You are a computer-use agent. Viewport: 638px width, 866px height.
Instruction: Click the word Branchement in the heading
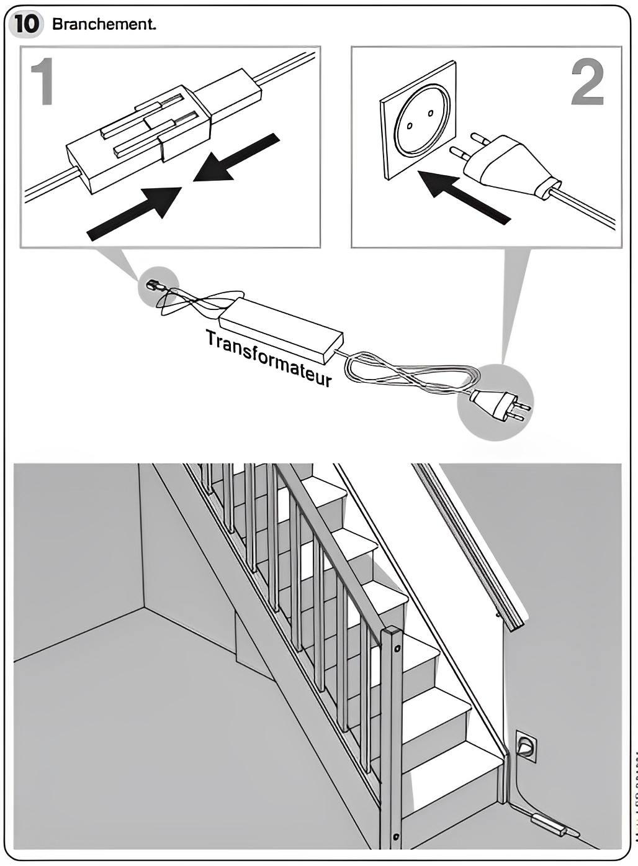coord(103,24)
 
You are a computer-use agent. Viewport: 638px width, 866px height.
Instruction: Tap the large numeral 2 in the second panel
coord(587,83)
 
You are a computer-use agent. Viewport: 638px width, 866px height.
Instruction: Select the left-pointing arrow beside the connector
coord(236,158)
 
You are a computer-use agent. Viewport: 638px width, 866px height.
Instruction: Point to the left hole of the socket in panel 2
coord(410,125)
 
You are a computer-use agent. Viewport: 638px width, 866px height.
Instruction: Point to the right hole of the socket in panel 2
coord(430,114)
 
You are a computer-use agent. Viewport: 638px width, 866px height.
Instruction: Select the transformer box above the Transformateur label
coord(281,329)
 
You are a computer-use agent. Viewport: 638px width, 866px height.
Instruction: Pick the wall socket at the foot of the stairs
coord(525,745)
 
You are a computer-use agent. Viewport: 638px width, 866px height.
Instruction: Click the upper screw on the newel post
coord(397,650)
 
